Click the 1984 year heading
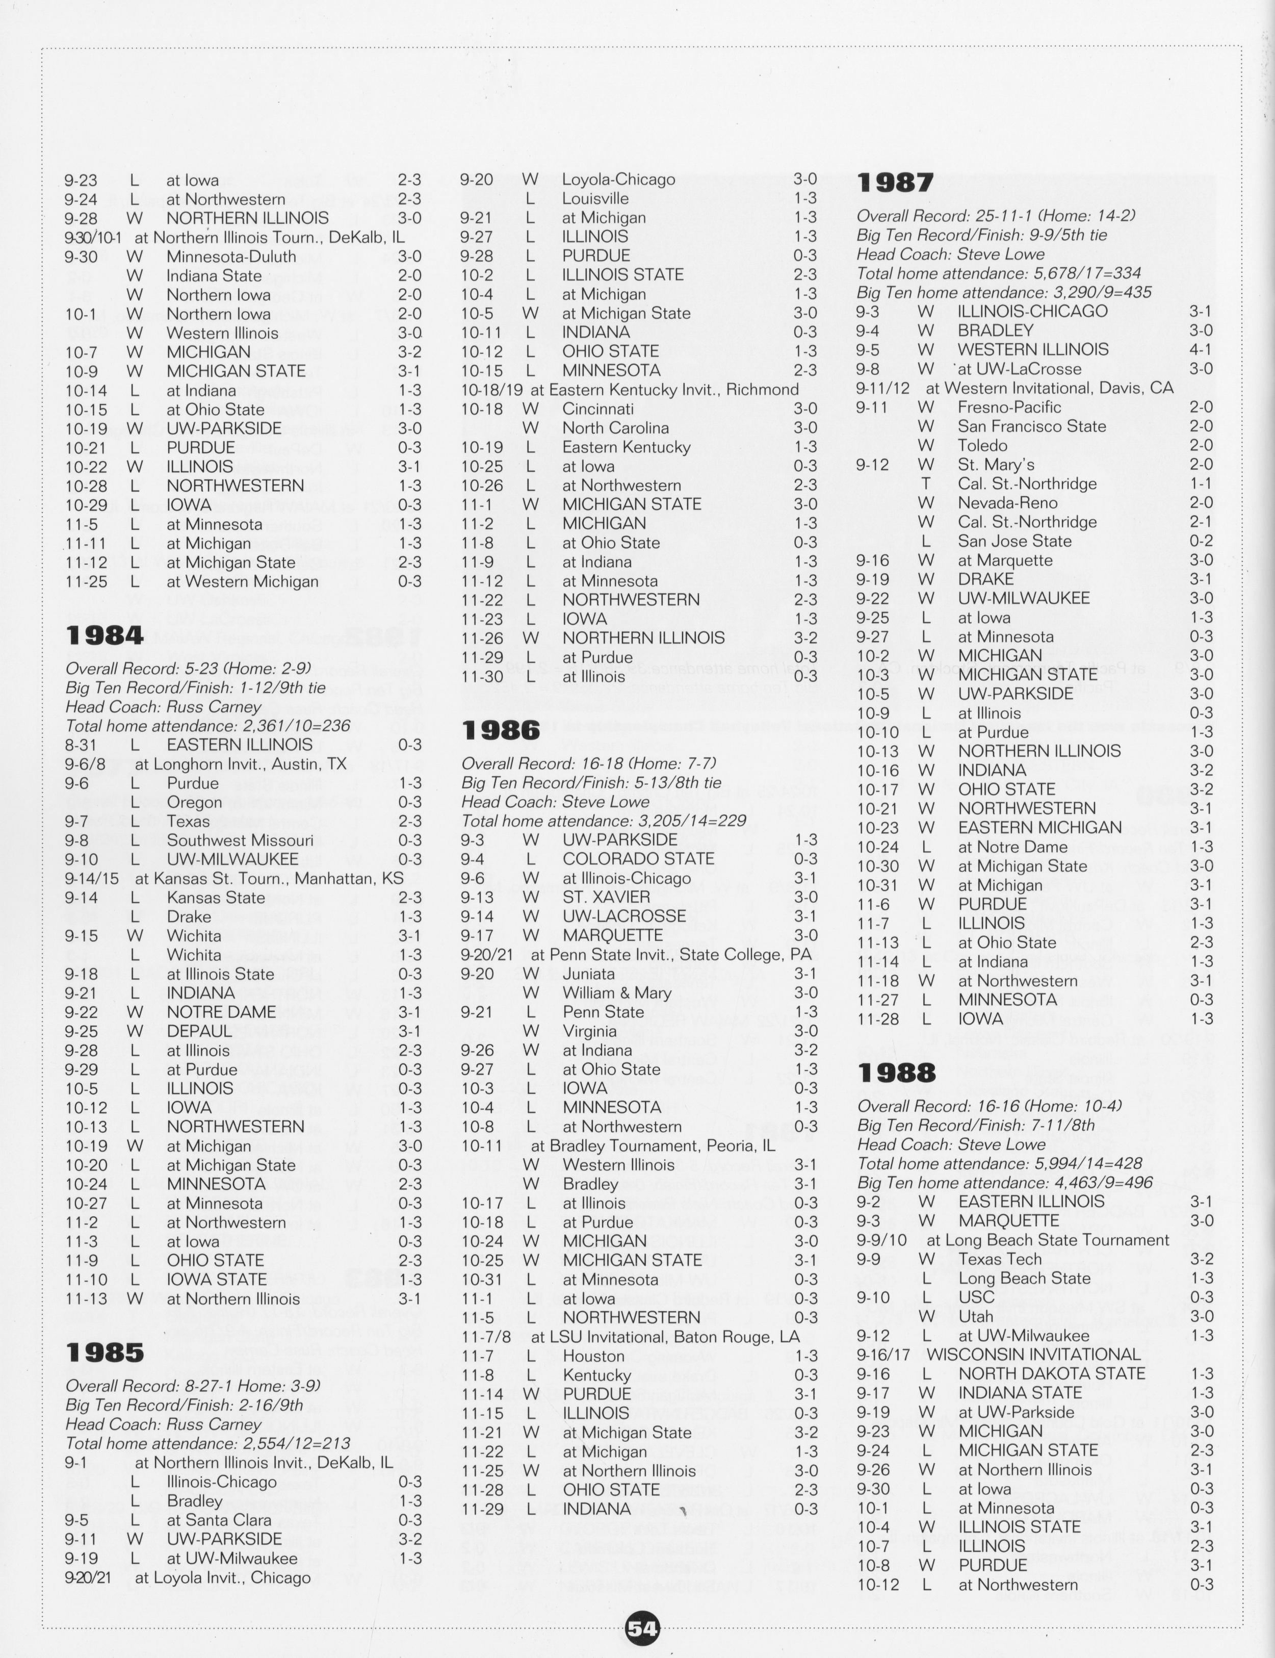coord(105,635)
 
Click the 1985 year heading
coord(105,1352)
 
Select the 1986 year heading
coord(501,730)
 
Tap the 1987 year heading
coord(896,183)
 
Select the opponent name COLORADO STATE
coord(638,859)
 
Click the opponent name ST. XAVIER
coord(606,897)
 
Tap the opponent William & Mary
coord(616,992)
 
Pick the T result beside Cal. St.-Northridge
coord(925,483)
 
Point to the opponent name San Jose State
coord(1014,541)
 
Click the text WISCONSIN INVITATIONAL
coord(1034,1355)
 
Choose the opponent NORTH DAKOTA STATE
coord(1051,1373)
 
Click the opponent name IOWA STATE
coord(216,1279)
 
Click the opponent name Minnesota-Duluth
coord(231,257)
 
